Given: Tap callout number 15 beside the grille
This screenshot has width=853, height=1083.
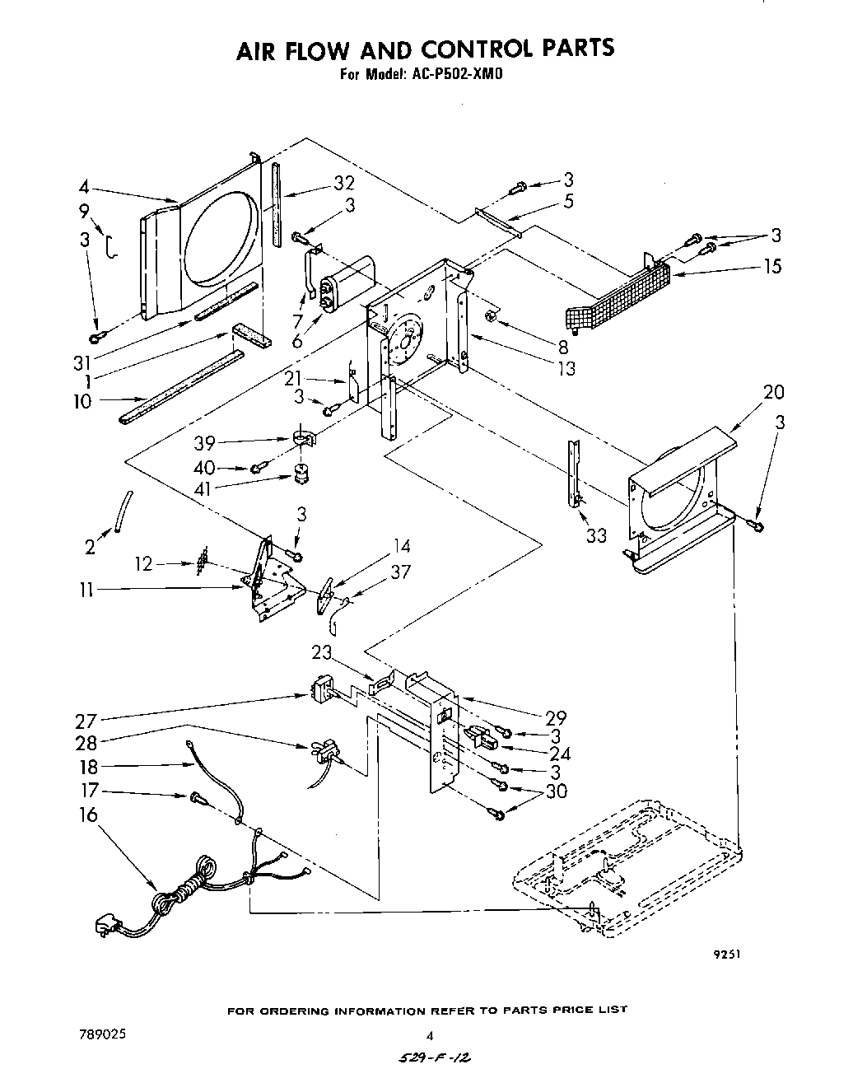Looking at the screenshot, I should (772, 266).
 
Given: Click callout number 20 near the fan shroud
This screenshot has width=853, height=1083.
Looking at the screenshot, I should (773, 391).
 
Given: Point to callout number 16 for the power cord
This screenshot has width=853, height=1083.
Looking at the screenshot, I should (88, 815).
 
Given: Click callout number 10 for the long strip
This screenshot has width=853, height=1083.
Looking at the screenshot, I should (88, 401).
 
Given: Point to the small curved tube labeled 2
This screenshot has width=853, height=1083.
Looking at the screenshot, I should (123, 511).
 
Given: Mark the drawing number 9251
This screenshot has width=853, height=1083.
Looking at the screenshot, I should (727, 955).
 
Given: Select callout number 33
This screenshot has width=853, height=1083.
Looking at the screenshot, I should (595, 535).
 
